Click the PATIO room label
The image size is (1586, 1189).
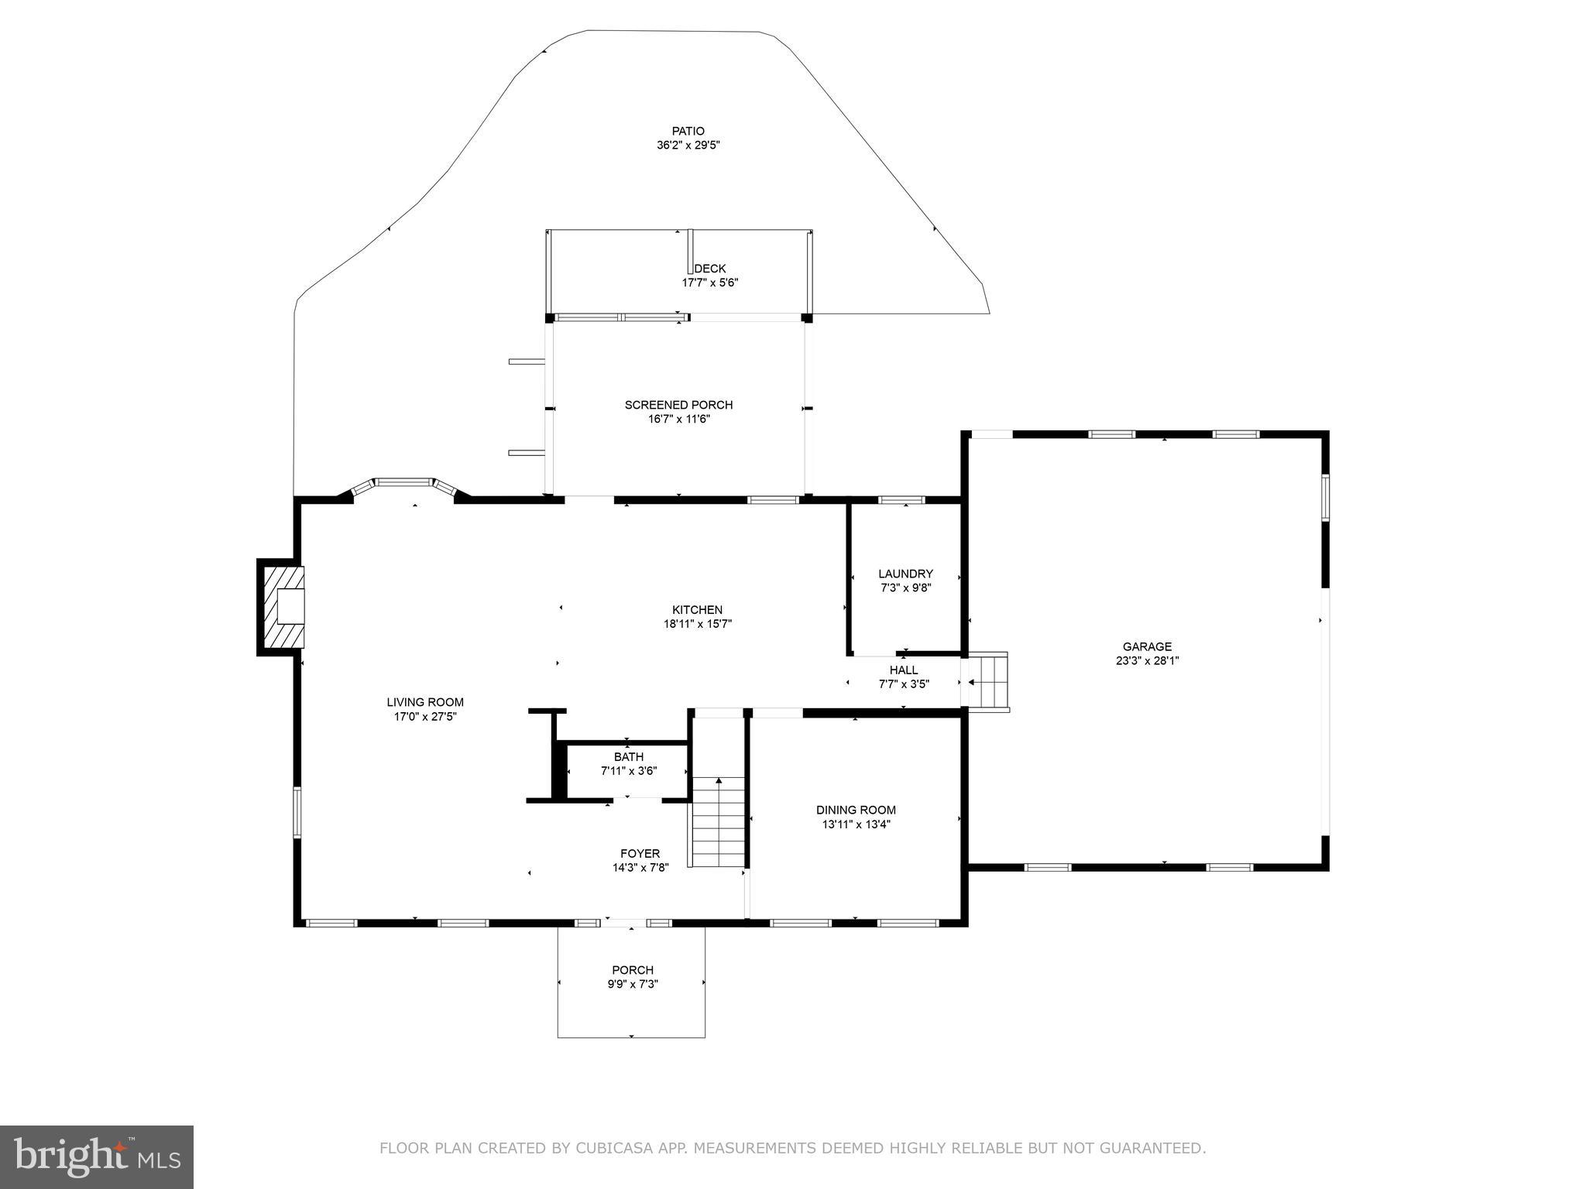click(688, 131)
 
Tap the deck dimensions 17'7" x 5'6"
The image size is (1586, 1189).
click(709, 283)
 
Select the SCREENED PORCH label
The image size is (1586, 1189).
click(678, 405)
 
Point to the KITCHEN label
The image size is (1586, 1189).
click(697, 610)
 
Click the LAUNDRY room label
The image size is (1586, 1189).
click(905, 574)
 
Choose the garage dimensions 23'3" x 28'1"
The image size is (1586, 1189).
click(1147, 661)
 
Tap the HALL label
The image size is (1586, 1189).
click(903, 670)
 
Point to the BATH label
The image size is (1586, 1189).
click(628, 757)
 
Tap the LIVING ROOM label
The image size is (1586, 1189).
click(425, 703)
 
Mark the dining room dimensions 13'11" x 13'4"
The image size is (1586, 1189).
click(856, 824)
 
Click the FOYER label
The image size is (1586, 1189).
click(640, 854)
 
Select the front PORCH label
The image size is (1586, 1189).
click(632, 970)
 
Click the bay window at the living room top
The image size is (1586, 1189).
click(403, 484)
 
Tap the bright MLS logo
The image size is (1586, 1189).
click(97, 1156)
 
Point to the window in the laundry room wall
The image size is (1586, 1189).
click(901, 500)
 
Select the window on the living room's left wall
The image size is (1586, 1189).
click(297, 812)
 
